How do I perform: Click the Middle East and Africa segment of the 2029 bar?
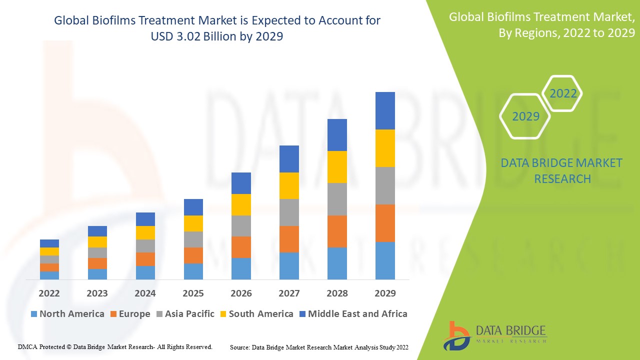[x=385, y=110]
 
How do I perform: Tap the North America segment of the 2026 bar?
[x=241, y=268]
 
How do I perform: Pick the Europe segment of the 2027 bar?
[x=289, y=239]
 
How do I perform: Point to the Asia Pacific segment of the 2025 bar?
[x=193, y=239]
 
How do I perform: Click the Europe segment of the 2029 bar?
[x=385, y=223]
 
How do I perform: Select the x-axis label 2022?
[x=49, y=293]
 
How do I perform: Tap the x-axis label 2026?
[x=241, y=293]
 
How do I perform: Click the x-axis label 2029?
[x=385, y=293]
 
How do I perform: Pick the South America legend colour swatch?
[x=223, y=314]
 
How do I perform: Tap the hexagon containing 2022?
[x=563, y=93]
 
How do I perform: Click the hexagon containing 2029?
[x=525, y=116]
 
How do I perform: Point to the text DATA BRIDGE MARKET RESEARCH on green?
[x=562, y=170]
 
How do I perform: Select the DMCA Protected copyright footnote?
[x=115, y=346]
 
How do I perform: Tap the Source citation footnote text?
[x=319, y=347]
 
